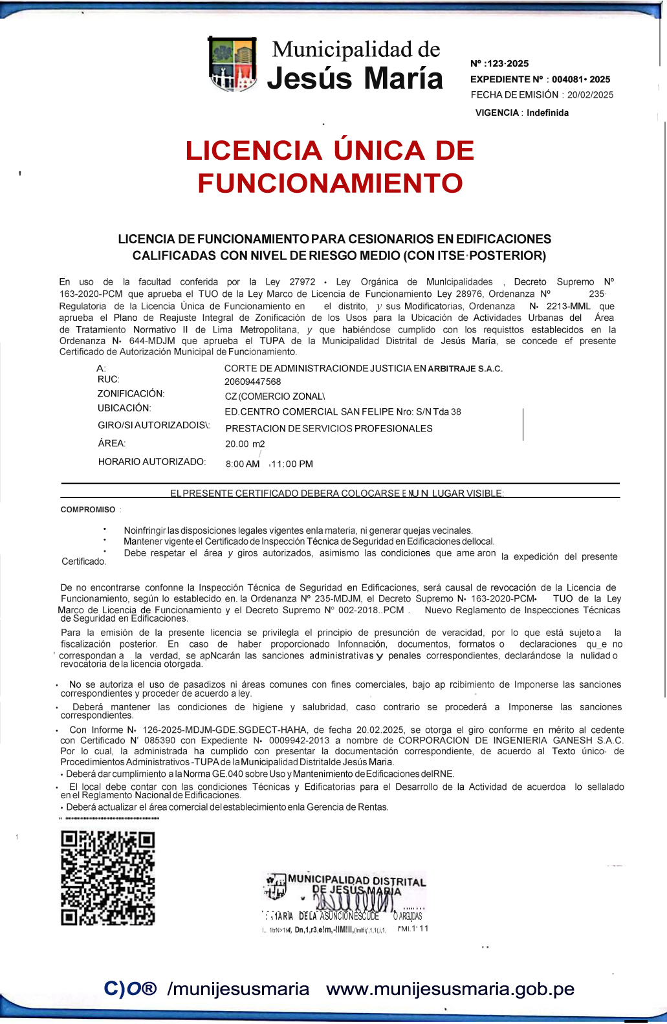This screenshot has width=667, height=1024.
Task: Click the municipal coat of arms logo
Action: tap(232, 65)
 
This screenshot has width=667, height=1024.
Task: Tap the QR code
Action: tap(107, 878)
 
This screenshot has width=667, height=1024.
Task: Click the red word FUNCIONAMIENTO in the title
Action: tap(330, 183)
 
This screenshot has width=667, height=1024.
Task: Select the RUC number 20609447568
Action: tap(252, 382)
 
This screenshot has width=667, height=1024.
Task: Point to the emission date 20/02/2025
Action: tap(590, 94)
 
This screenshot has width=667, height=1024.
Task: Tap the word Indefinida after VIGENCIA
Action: tap(547, 113)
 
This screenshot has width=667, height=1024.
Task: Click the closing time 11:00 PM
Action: tap(292, 464)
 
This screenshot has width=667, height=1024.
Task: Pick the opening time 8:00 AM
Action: tap(242, 464)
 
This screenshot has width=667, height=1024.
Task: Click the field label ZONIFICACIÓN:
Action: tap(131, 393)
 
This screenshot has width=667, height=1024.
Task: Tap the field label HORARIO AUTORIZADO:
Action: tap(151, 462)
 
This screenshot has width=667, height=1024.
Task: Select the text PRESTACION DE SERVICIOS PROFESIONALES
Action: tap(329, 428)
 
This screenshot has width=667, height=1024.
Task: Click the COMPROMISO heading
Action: tap(88, 510)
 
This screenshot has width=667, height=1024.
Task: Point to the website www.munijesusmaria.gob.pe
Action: tap(450, 988)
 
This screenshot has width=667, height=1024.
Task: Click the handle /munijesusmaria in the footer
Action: tap(238, 988)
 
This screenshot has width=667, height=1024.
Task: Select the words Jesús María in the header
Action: tap(355, 78)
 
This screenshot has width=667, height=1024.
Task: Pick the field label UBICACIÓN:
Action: tap(124, 408)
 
